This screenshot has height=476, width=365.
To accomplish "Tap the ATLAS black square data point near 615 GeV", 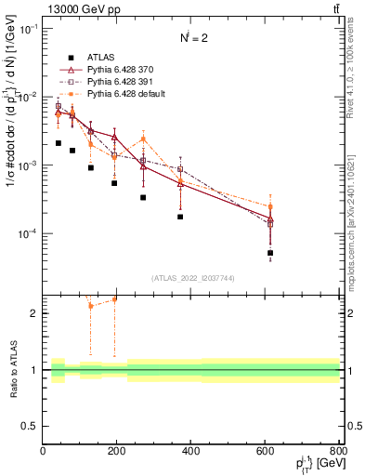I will [x=270, y=253].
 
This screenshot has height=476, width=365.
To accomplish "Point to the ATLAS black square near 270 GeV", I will [x=143, y=197].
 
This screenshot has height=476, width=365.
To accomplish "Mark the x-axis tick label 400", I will [x=190, y=451].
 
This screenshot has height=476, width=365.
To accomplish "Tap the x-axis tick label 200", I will [x=117, y=451].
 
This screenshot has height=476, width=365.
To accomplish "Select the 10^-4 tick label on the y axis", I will [x=25, y=233].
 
